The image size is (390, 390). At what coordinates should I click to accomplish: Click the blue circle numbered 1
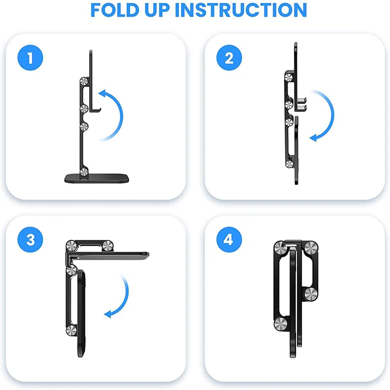pyautogui.click(x=31, y=58)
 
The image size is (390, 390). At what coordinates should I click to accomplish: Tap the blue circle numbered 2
pyautogui.click(x=229, y=58)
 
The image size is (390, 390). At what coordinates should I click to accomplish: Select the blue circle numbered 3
pyautogui.click(x=31, y=240)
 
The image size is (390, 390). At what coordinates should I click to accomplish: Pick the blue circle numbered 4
pyautogui.click(x=229, y=240)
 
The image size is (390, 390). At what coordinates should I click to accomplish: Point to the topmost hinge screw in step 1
pyautogui.click(x=85, y=82)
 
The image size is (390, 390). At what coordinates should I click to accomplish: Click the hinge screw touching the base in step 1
pyautogui.click(x=85, y=171)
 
